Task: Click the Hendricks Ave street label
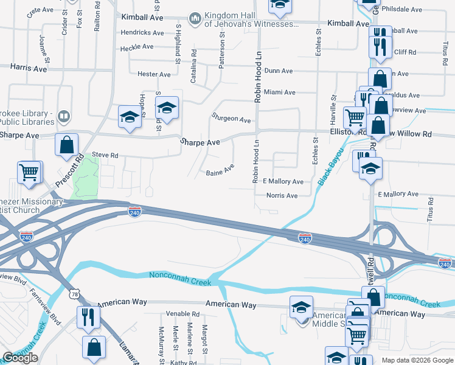coord(142,32)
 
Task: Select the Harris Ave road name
coord(29,69)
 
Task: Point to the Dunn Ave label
coord(279,71)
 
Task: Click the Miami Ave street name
coord(280,92)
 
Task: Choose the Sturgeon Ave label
coord(231,117)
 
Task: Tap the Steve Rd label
coord(105,155)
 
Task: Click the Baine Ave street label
coord(220,170)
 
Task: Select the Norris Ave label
coord(282,196)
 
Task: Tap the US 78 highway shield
coord(74,294)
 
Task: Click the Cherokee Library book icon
coord(63,116)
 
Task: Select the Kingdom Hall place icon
coord(195,19)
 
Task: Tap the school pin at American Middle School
coord(301,308)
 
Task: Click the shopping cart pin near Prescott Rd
coord(29,172)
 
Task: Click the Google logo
coord(20,358)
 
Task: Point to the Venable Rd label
coord(182,315)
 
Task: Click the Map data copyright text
coord(417,360)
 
